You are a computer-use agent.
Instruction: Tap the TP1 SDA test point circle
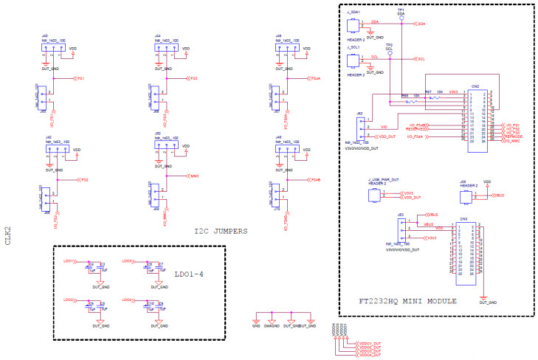pyautogui.click(x=401, y=18)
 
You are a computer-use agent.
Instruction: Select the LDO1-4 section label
pyautogui.click(x=190, y=274)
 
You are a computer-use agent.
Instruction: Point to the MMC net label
pyautogui.click(x=194, y=176)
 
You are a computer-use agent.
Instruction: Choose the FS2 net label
pyautogui.click(x=85, y=179)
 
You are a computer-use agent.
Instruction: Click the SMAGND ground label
pyautogui.click(x=269, y=325)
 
